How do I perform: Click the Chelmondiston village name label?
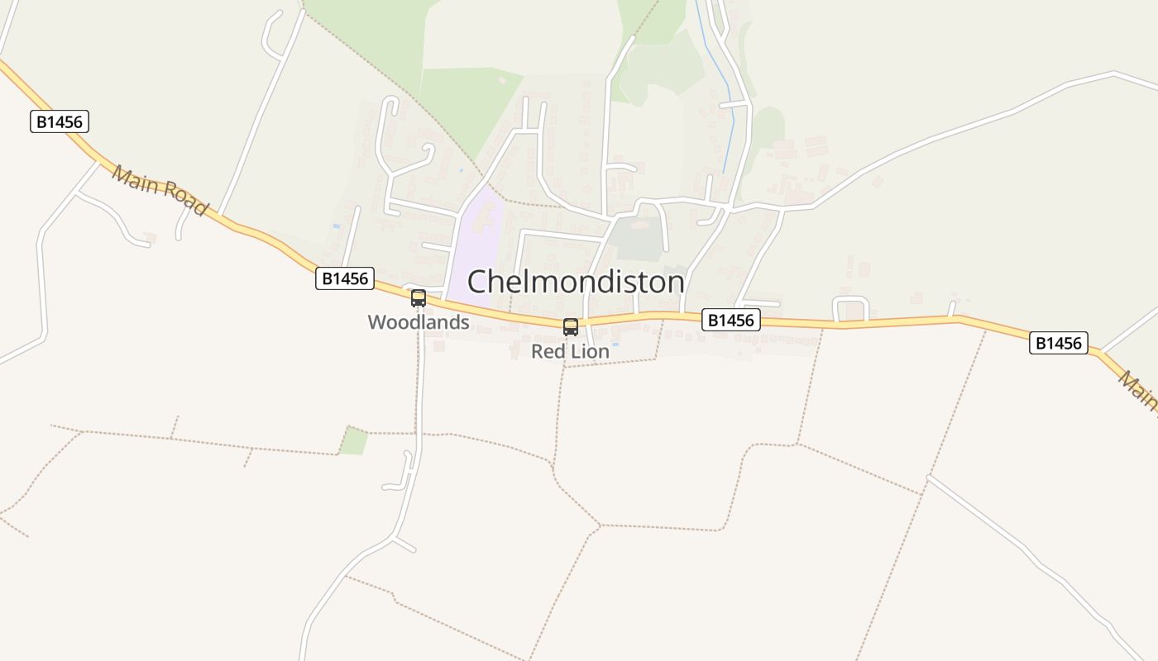(x=576, y=282)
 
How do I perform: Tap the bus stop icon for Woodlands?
(x=419, y=298)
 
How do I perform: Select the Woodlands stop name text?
(x=419, y=322)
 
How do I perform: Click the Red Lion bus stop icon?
(x=571, y=327)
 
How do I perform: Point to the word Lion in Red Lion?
(x=591, y=352)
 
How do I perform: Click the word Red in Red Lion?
(x=548, y=352)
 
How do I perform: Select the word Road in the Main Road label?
(x=184, y=199)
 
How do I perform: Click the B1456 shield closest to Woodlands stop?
(x=345, y=278)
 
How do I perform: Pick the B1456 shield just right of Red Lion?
(x=731, y=320)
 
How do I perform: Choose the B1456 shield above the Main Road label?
(x=60, y=122)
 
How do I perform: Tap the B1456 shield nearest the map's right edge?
(x=1058, y=343)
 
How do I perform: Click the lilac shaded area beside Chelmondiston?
(x=476, y=240)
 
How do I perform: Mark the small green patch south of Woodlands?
(x=354, y=442)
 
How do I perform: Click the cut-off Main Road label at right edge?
(x=1140, y=390)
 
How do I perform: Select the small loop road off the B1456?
(x=850, y=308)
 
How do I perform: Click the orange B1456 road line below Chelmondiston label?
(x=629, y=318)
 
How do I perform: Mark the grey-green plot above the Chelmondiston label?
(x=639, y=238)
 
